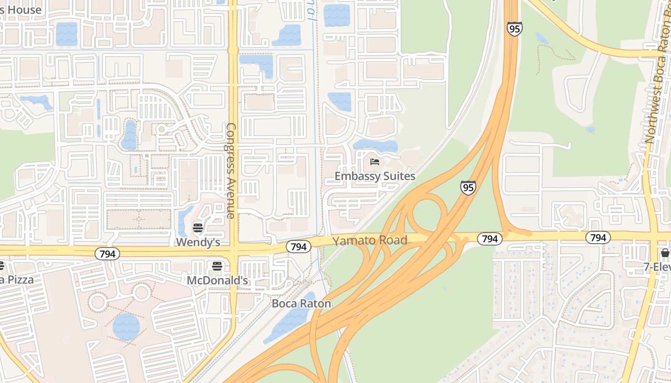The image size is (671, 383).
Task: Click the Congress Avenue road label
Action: (231, 170)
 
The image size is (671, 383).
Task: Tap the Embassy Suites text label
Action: (375, 176)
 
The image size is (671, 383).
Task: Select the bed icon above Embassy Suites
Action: (375, 162)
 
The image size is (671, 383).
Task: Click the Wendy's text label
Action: (198, 242)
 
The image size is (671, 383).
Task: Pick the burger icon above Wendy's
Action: (198, 228)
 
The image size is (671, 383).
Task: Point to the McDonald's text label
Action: (217, 280)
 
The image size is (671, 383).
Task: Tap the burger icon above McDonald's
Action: (217, 266)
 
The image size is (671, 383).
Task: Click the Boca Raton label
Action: (301, 304)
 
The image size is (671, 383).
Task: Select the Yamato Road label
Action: (370, 240)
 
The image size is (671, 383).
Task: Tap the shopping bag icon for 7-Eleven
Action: (665, 253)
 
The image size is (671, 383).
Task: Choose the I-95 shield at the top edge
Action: (514, 29)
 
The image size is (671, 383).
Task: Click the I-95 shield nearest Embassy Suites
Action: (468, 187)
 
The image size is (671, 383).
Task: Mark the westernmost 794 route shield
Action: (107, 254)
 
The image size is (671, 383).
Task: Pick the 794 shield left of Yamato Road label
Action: (299, 247)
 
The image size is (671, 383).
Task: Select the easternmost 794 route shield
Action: (598, 237)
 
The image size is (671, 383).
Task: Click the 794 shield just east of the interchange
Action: (490, 238)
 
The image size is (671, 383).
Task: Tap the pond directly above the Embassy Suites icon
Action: (375, 146)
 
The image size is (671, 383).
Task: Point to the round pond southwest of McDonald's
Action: (126, 327)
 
